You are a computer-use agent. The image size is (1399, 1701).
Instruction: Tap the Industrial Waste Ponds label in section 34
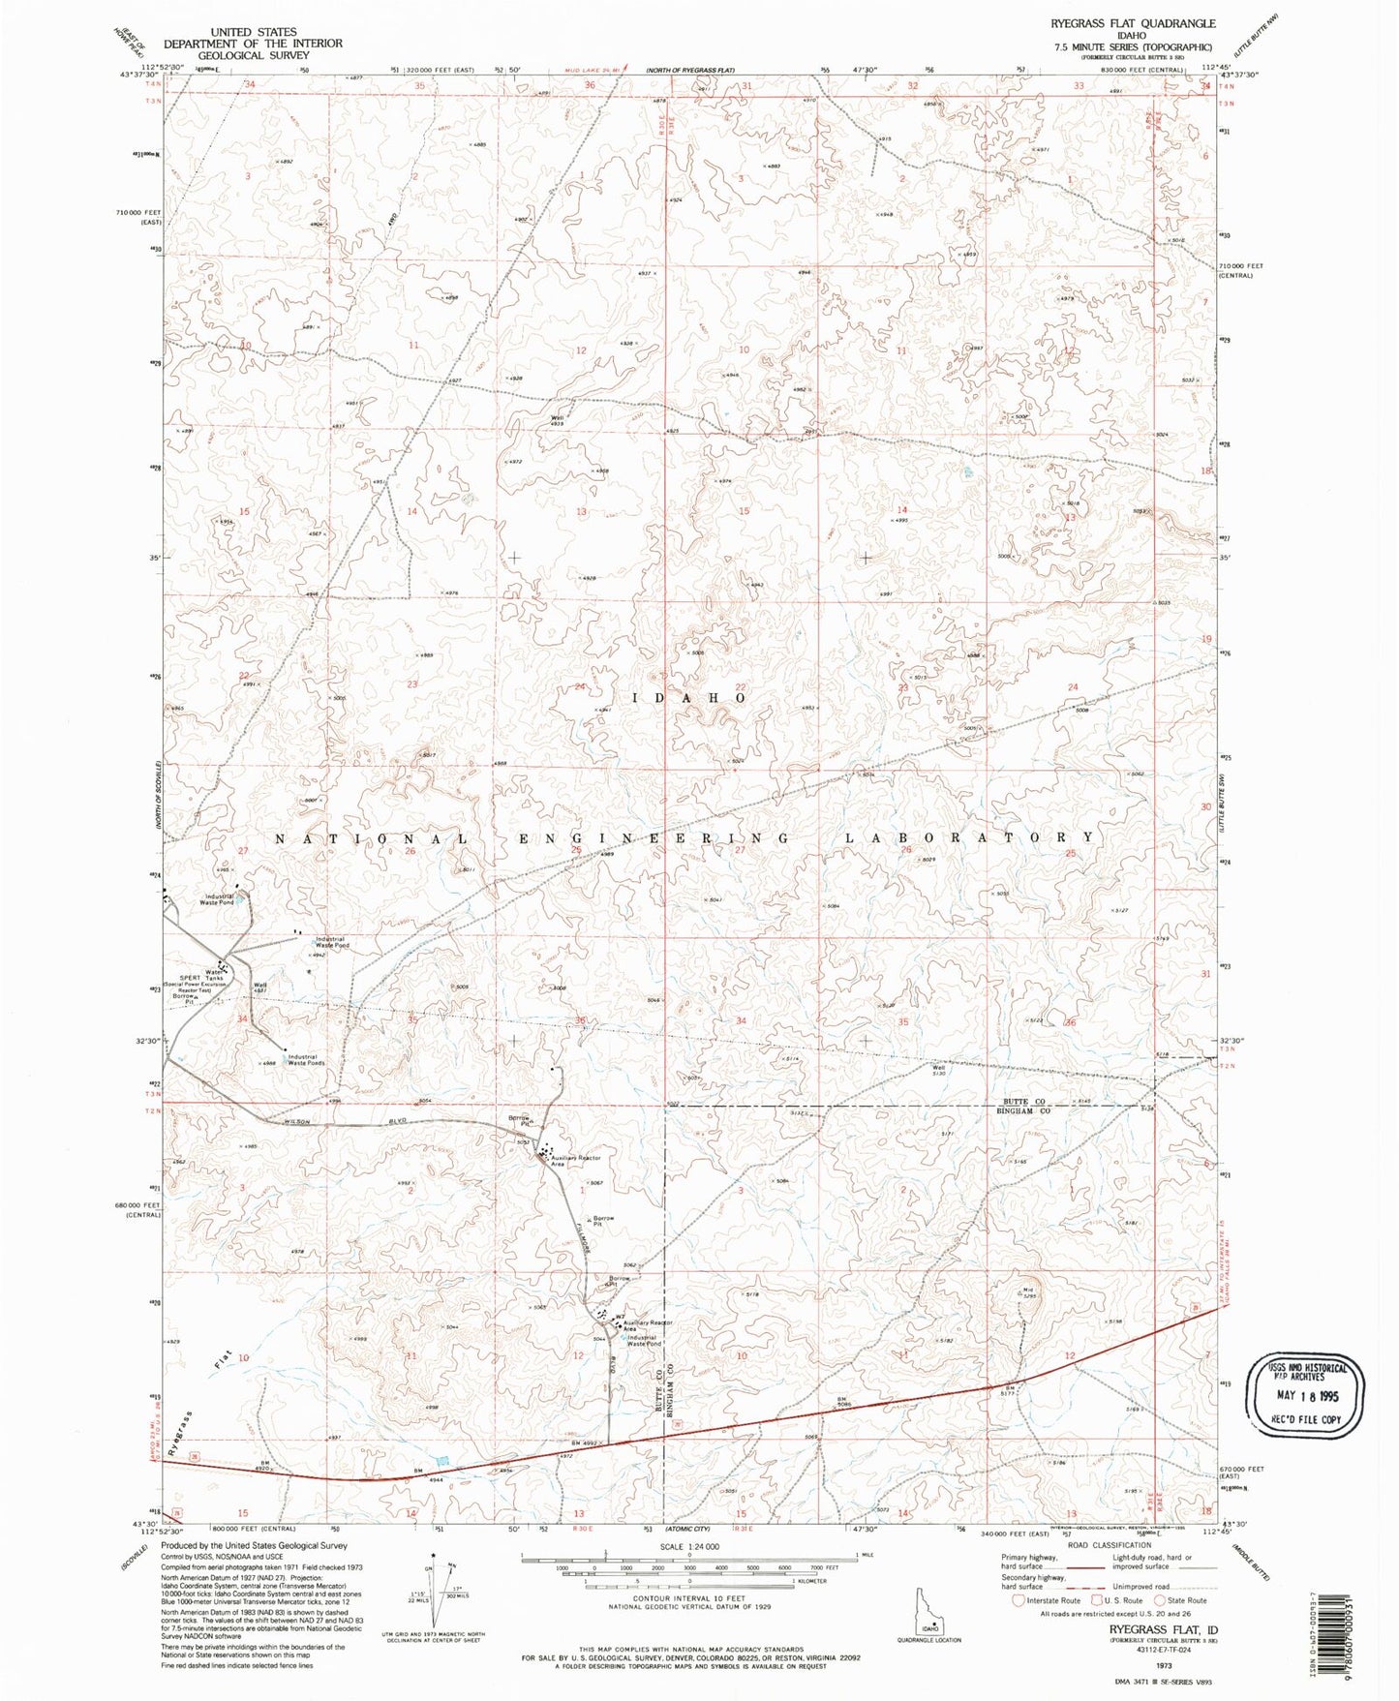306,1060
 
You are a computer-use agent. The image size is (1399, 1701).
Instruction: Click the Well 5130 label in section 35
937,1071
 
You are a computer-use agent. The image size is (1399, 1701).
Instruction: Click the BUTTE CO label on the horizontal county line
1024,1102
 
